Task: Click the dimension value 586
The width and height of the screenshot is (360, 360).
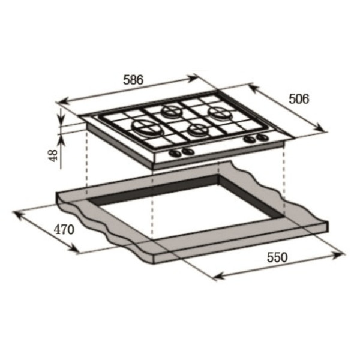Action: [133, 79]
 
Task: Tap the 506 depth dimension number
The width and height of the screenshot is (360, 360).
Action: [299, 99]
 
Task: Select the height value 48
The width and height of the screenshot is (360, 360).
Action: [54, 155]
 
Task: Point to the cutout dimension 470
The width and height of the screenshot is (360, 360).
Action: [64, 229]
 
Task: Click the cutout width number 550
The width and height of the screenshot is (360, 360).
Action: [277, 257]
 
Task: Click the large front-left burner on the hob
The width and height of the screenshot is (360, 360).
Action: [148, 128]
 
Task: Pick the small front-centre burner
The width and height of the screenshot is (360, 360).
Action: [197, 130]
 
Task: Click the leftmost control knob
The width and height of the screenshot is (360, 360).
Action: [175, 153]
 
